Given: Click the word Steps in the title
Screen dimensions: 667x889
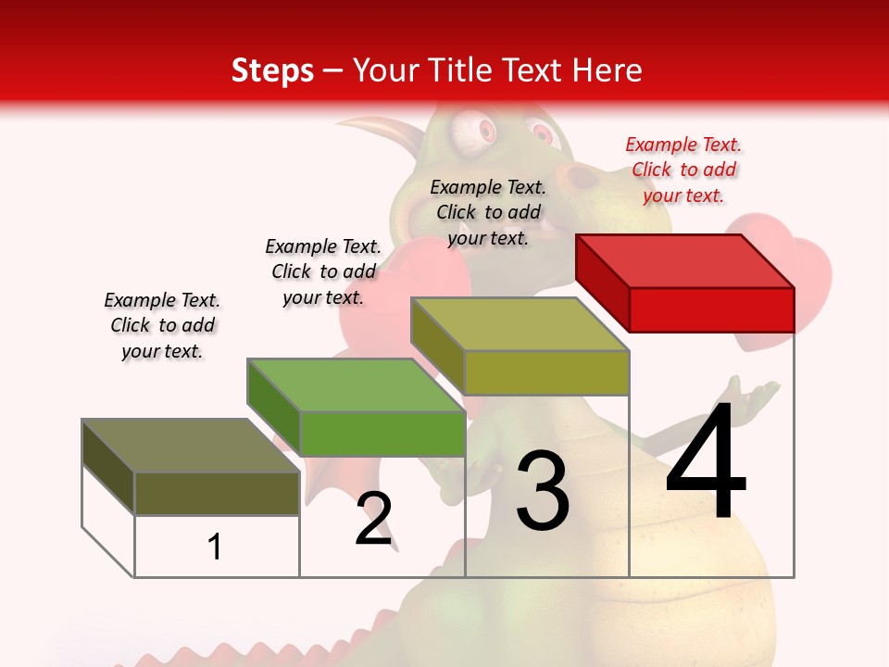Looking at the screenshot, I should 272,70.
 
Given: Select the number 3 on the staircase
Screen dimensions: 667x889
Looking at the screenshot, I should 543,491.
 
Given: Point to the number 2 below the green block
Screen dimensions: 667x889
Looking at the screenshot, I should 373,519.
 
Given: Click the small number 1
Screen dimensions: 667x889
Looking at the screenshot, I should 215,547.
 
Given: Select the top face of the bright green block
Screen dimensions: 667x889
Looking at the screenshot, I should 356,385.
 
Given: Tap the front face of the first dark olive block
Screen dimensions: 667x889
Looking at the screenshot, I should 217,493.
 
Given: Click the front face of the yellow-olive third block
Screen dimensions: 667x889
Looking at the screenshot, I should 546,372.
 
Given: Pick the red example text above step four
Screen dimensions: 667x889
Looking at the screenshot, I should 683,170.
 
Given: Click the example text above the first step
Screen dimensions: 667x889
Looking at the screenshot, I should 162,325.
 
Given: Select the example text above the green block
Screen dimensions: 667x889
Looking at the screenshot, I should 323,271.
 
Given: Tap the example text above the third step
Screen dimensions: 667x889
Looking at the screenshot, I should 488,212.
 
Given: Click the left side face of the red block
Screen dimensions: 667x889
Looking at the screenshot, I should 602,282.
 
